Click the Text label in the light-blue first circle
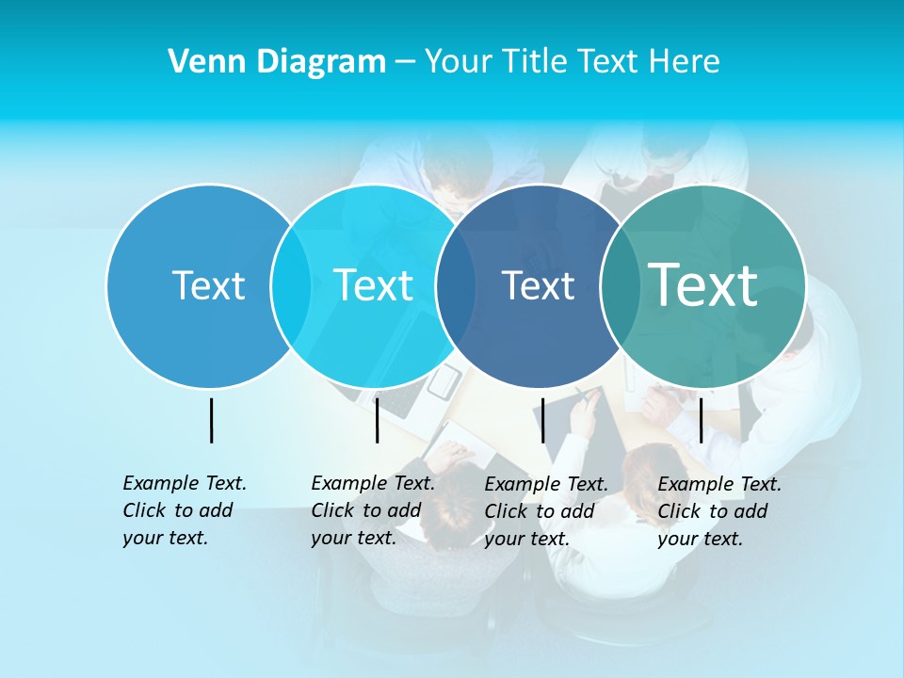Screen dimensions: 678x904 208,285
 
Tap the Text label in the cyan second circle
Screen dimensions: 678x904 373,285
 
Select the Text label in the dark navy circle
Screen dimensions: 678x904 538,285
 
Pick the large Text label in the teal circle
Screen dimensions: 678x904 702,284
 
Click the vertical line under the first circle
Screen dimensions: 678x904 211,420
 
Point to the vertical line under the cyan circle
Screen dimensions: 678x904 377,420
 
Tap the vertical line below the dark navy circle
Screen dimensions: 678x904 542,420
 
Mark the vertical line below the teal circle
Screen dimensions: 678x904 701,420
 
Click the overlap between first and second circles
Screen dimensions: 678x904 291,285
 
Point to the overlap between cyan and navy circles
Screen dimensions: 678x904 456,285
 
